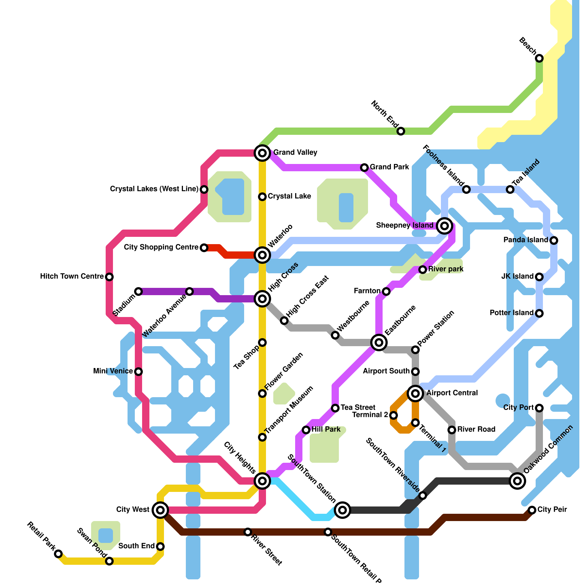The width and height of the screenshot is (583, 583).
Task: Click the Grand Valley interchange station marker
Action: pyautogui.click(x=262, y=153)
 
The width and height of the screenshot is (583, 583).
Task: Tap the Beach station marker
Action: pyautogui.click(x=539, y=58)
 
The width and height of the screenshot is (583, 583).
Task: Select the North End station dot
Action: pyautogui.click(x=401, y=131)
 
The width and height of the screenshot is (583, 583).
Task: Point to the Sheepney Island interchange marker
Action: pyautogui.click(x=444, y=226)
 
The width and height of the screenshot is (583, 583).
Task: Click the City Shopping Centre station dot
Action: pyautogui.click(x=204, y=248)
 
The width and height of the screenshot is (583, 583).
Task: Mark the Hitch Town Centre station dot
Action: pyautogui.click(x=109, y=277)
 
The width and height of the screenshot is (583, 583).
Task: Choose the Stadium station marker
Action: pyautogui.click(x=138, y=291)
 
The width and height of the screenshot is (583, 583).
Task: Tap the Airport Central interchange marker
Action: pyautogui.click(x=415, y=394)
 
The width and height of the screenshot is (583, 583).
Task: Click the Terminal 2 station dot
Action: pyautogui.click(x=394, y=415)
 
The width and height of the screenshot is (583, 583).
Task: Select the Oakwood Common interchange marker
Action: pyautogui.click(x=517, y=481)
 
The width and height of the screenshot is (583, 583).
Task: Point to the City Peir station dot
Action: pyautogui.click(x=532, y=510)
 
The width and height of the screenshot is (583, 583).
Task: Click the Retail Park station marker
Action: pyautogui.click(x=58, y=554)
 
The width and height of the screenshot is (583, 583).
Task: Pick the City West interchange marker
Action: pyautogui.click(x=160, y=510)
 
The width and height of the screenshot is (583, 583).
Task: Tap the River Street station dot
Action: pyautogui.click(x=248, y=532)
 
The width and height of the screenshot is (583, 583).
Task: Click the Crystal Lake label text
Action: pyautogui.click(x=289, y=196)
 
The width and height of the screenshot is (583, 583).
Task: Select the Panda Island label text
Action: pyautogui.click(x=525, y=240)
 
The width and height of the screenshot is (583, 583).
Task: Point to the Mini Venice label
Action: pyautogui.click(x=113, y=371)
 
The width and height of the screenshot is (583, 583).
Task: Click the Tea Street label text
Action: pyautogui.click(x=358, y=407)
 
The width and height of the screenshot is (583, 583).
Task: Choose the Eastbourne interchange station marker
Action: pyautogui.click(x=379, y=343)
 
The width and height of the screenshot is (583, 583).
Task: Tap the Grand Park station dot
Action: pyautogui.click(x=364, y=168)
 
